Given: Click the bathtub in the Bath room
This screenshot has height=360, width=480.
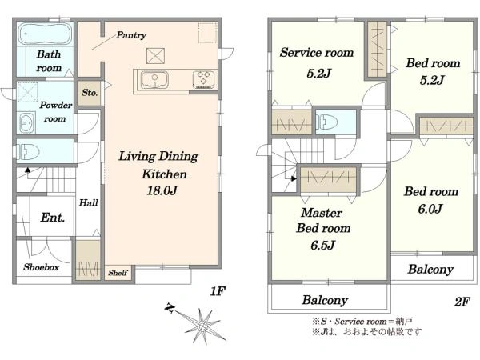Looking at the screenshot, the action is [x=45, y=34].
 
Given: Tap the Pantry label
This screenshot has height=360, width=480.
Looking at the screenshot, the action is [x=131, y=35].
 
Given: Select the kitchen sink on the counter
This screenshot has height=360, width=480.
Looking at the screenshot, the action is [x=154, y=79].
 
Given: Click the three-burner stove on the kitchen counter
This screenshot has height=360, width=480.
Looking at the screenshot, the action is [x=203, y=79].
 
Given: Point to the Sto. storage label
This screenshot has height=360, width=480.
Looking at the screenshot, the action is [x=90, y=93].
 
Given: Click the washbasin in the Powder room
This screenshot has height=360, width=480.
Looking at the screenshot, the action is [x=26, y=122].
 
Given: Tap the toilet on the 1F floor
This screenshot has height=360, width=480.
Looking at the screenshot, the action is [x=27, y=152].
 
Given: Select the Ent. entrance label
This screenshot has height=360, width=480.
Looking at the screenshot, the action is [x=53, y=218].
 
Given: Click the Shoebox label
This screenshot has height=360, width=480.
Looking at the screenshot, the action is [x=41, y=267].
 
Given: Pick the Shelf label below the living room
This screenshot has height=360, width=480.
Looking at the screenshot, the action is [x=118, y=273].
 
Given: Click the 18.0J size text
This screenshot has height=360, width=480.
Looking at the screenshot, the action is [x=162, y=190].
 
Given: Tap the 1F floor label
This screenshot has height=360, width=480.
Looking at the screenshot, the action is [x=218, y=291].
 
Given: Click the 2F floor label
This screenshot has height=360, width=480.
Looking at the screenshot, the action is [x=462, y=302].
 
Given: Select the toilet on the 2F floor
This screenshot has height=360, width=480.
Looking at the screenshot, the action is [x=326, y=122].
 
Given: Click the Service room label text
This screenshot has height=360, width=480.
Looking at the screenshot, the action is [x=317, y=53].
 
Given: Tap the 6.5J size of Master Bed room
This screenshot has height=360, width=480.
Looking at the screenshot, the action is [x=322, y=246].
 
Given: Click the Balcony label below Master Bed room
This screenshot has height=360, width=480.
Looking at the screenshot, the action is [x=325, y=300].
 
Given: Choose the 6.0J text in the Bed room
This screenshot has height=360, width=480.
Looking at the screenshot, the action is [x=430, y=209].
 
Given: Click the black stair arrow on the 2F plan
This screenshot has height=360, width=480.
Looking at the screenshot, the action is [x=294, y=178].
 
